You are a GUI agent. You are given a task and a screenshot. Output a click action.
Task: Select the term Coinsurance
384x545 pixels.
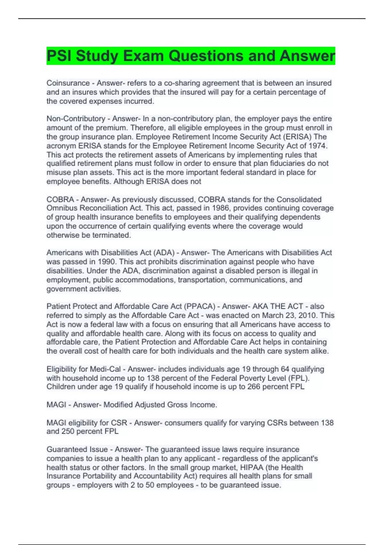pos(68,83)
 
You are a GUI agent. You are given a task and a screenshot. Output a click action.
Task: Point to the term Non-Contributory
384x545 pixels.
pos(76,119)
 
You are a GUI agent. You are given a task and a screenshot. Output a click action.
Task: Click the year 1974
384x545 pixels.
pos(317,146)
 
